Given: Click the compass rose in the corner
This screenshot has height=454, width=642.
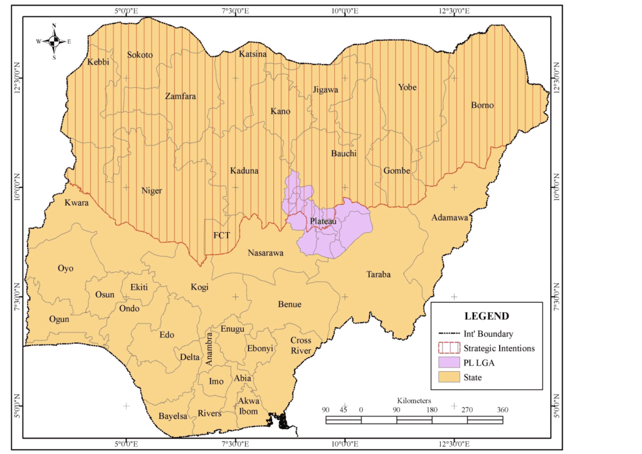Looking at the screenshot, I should click(x=54, y=41).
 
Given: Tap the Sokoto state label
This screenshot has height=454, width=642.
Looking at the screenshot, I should click(x=140, y=55).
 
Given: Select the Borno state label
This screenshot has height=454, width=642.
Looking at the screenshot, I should click(x=482, y=105).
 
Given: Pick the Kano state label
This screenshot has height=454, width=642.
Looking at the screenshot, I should click(x=280, y=112).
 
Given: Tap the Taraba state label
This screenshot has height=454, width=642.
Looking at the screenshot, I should click(x=379, y=275).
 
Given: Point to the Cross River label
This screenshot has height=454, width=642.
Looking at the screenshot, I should click(x=300, y=346).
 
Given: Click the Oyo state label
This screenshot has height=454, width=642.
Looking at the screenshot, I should click(x=66, y=268).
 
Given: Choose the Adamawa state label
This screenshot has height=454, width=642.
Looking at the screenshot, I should click(x=450, y=218).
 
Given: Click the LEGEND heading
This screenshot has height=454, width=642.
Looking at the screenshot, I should click(x=486, y=317).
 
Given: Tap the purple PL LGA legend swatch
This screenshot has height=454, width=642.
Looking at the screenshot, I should click(x=448, y=363).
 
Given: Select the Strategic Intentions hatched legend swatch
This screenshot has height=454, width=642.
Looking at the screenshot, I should click(x=448, y=349).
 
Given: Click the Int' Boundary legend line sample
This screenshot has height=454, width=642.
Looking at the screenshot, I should click(x=448, y=334).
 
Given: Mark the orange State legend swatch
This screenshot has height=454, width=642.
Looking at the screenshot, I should click(x=448, y=377).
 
